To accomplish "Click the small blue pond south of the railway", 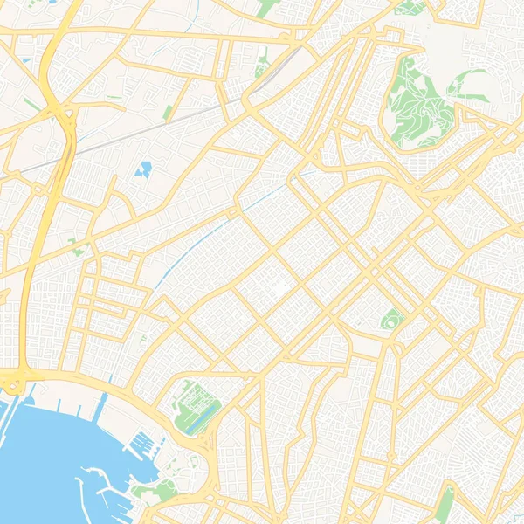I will point(144,168).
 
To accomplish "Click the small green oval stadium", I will point(390,321).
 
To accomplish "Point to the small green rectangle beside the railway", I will point(168,112).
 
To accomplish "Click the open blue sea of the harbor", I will point(44,463).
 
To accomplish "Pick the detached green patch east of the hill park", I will point(467,83).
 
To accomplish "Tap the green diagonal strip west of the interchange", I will point(31,105).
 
